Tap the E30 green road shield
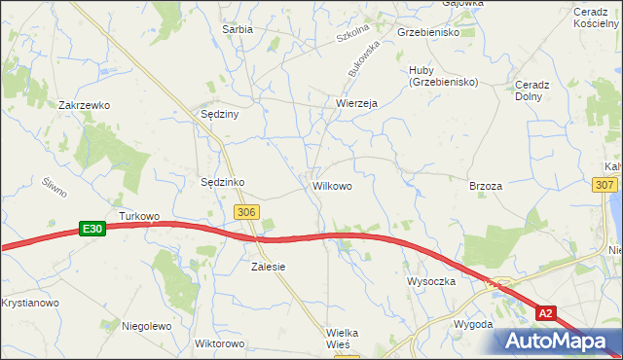pos(92,229)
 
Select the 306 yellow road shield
pos(246,211)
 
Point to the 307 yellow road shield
pos(604,185)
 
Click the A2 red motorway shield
pos(548,312)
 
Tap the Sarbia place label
pos(238,29)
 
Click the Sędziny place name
pos(220,113)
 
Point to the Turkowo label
pos(138,215)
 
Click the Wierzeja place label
pos(355,103)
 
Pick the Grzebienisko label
pos(428,32)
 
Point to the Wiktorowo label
pos(218,344)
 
